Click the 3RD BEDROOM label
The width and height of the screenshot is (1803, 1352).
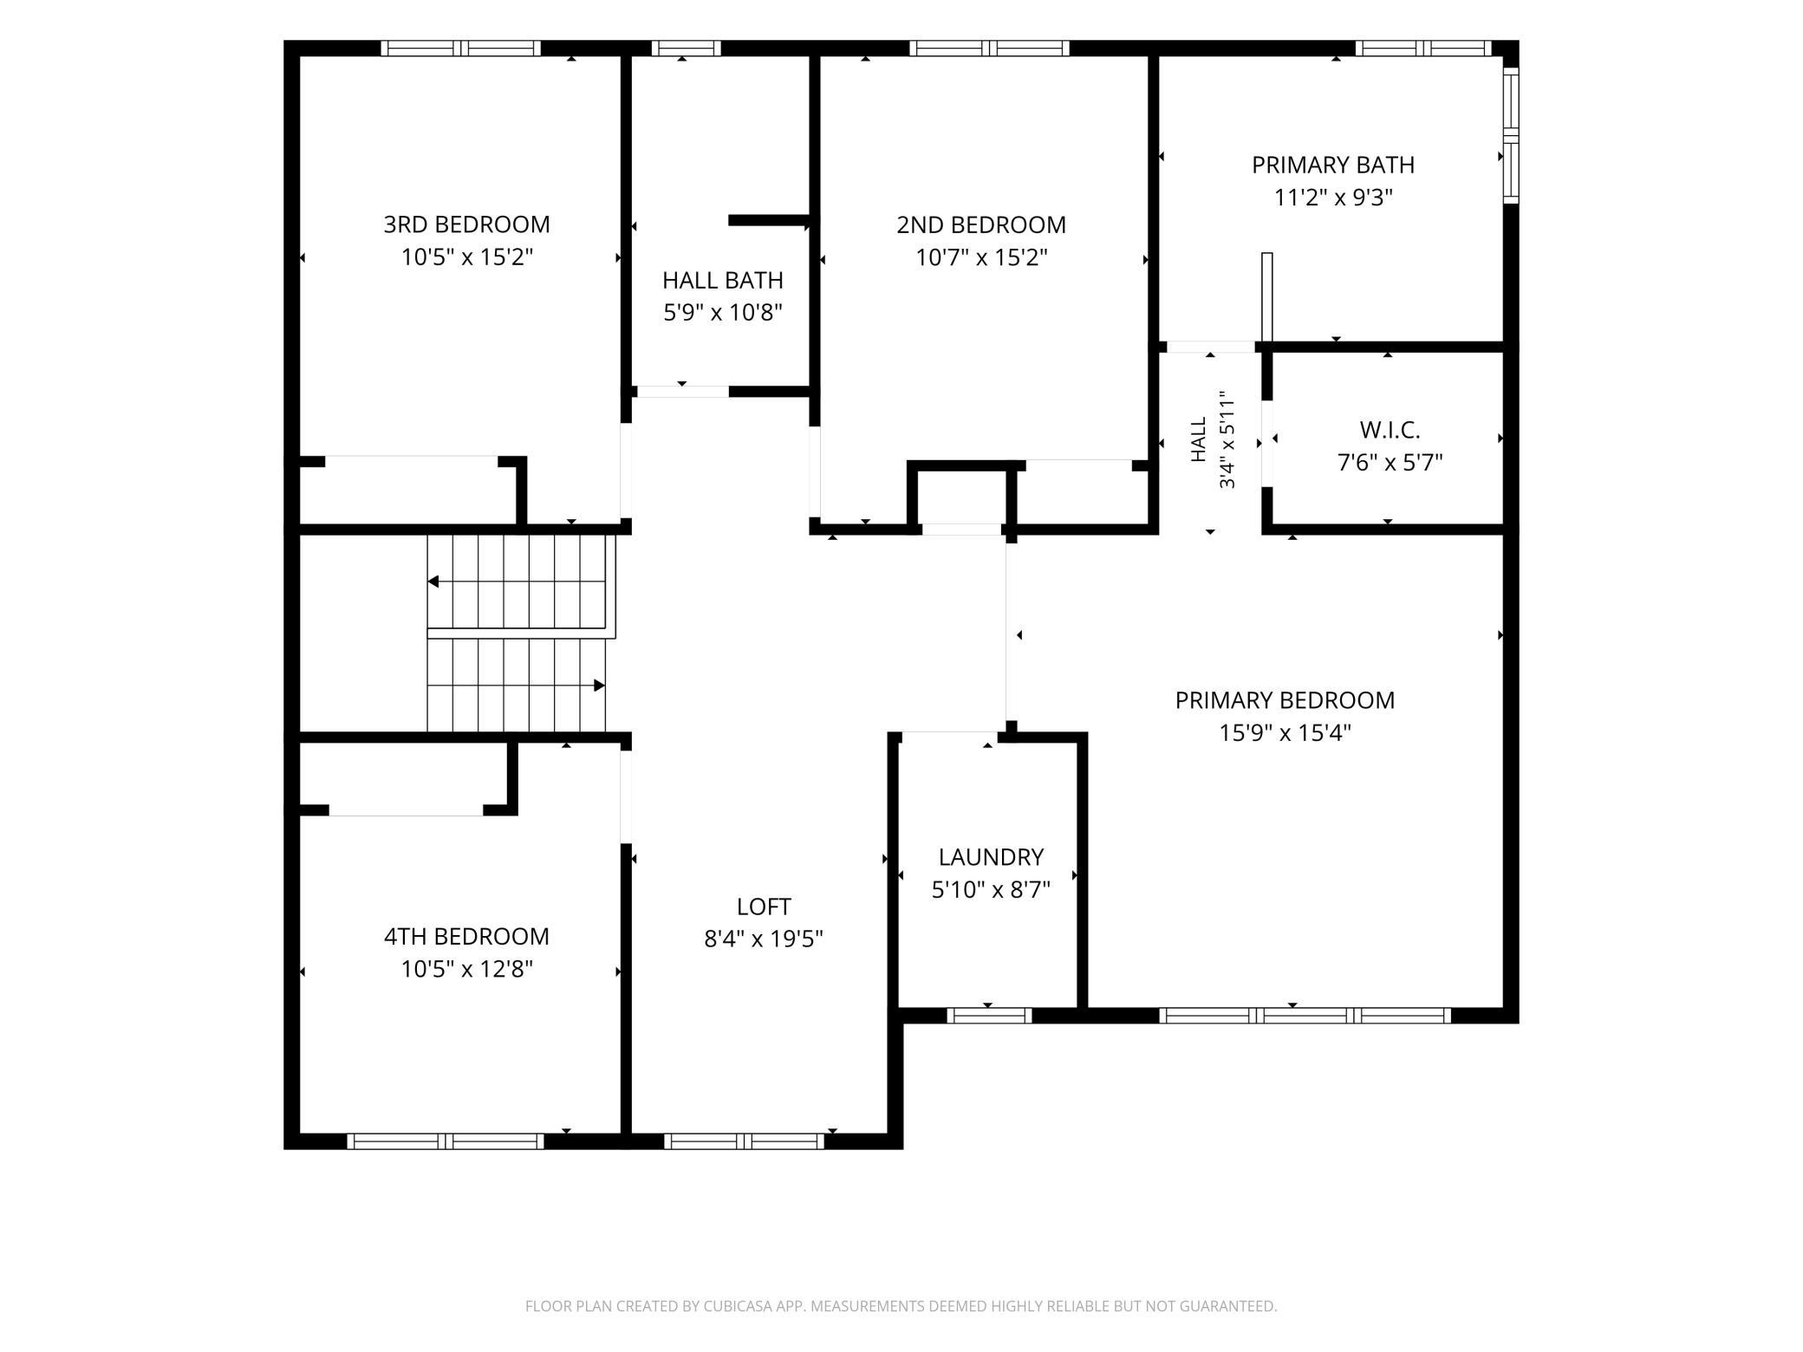[466, 224]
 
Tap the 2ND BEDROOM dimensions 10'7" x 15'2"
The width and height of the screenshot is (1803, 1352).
[981, 257]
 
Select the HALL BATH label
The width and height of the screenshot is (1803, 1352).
[723, 280]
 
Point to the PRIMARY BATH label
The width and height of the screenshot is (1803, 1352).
[1333, 165]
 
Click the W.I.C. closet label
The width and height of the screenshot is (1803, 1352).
[1390, 430]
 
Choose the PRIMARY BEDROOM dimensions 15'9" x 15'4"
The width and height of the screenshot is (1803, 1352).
[1285, 733]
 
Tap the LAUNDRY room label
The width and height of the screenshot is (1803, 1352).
[991, 857]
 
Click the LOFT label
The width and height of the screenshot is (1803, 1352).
[764, 907]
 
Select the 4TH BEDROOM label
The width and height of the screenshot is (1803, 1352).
[466, 936]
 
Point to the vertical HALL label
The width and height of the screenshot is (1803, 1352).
[1199, 439]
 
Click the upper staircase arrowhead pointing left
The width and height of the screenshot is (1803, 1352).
[433, 582]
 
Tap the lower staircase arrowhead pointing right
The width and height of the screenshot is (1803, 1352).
[599, 686]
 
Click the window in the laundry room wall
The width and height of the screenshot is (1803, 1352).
[989, 1015]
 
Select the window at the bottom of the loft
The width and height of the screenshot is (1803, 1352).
[744, 1141]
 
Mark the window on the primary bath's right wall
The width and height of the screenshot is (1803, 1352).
[1511, 136]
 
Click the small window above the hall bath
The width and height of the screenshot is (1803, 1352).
[686, 49]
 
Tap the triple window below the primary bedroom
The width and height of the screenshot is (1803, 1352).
[1305, 1015]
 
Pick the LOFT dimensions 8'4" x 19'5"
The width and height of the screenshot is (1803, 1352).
[764, 939]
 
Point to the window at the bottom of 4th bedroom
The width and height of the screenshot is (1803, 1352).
[446, 1141]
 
